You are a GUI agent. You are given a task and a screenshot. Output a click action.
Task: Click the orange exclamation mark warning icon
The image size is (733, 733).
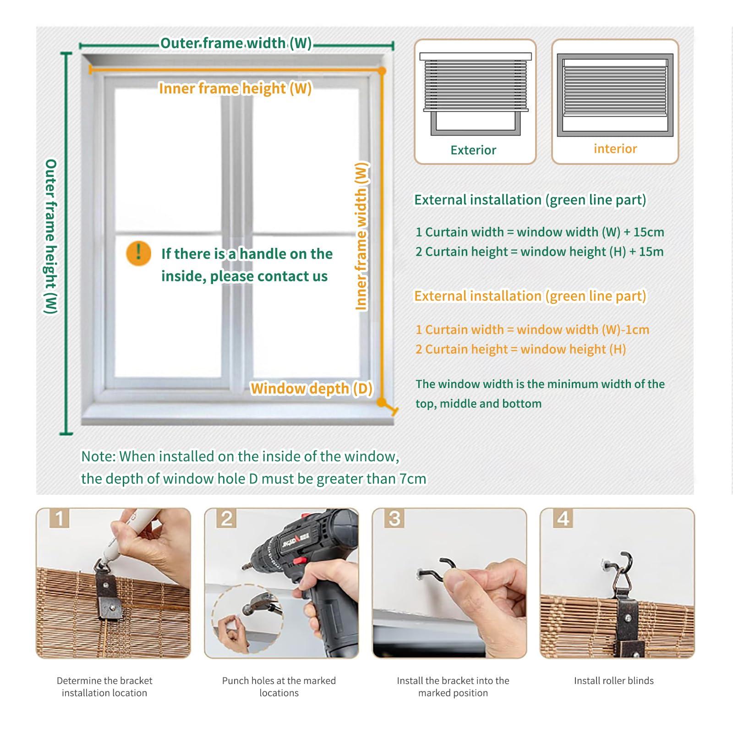coord(138,253)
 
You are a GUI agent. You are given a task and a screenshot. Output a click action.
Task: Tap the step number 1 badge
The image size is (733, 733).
coord(60,519)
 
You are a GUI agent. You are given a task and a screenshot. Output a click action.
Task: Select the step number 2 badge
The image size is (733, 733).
coord(227,519)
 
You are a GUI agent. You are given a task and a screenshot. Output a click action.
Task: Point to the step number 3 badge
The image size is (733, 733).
coord(394,519)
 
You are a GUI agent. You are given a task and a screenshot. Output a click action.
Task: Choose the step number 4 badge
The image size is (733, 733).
coord(563,519)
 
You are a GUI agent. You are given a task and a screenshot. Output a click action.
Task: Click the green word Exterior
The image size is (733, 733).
coord(473,150)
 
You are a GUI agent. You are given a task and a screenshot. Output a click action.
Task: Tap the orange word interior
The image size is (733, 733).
coord(615,149)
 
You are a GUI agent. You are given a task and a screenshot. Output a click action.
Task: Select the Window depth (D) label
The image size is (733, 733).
coord(312,388)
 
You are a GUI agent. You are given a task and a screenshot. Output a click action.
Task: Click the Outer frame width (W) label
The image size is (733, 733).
coord(236,44)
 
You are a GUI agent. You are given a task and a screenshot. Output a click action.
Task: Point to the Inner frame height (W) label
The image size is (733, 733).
coord(235,88)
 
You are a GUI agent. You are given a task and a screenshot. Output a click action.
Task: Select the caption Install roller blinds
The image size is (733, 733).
coord(613,681)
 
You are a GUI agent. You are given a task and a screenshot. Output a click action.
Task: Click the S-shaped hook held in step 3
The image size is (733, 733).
coord(438,570)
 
